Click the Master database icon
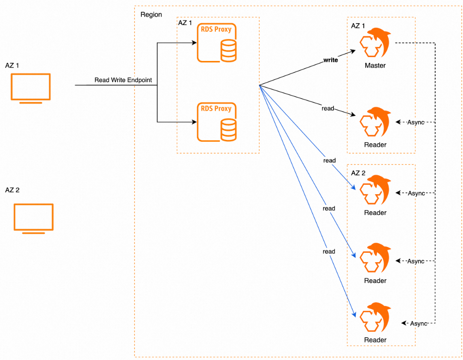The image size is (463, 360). (375, 43)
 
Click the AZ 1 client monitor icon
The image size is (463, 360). (31, 87)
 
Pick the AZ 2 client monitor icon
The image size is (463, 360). (34, 218)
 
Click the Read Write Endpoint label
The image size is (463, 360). (123, 80)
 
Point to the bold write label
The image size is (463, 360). (331, 60)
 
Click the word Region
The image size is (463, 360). (151, 15)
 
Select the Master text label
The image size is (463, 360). (375, 66)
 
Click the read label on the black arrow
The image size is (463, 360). (328, 109)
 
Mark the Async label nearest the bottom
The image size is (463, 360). (418, 324)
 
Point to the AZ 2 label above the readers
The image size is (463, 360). (358, 173)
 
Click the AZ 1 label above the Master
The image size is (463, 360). (358, 26)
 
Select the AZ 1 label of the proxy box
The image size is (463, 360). (184, 23)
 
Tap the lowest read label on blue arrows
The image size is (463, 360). (329, 251)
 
